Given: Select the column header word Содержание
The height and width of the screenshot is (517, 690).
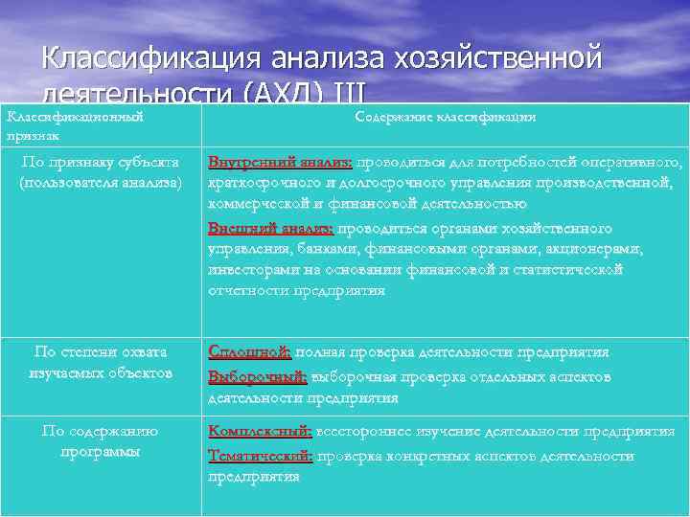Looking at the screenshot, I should point(395,117).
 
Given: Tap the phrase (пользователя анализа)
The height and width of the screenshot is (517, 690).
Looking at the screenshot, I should point(100,181).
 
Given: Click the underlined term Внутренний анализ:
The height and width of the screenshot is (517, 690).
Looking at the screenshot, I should point(281,163).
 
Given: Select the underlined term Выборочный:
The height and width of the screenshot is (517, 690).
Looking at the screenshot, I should point(258,376).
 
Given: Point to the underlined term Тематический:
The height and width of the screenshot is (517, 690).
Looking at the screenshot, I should point(261,456).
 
